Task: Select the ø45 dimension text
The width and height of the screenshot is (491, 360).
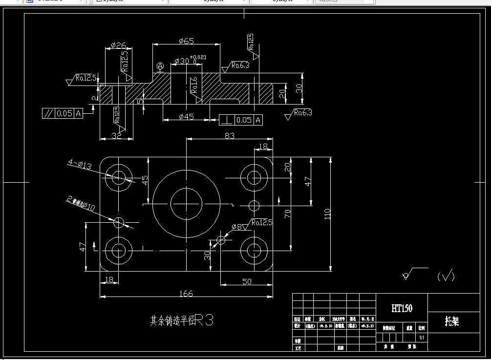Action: click(x=186, y=116)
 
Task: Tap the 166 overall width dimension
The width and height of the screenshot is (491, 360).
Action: click(x=186, y=294)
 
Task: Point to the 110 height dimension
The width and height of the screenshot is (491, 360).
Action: click(x=327, y=213)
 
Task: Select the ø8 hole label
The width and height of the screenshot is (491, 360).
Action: click(x=237, y=227)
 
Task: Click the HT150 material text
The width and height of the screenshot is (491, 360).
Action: click(x=402, y=308)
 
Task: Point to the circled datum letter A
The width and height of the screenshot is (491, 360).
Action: click(x=160, y=65)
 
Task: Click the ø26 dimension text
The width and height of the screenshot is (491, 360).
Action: click(x=119, y=45)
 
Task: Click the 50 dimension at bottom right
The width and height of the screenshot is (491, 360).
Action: click(x=247, y=281)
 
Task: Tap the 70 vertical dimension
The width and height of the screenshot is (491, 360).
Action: click(x=288, y=213)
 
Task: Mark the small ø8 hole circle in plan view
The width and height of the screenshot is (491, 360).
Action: click(x=221, y=239)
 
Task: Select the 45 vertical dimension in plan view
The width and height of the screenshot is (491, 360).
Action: click(x=145, y=180)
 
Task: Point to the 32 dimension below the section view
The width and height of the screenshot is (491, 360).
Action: click(x=116, y=136)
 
